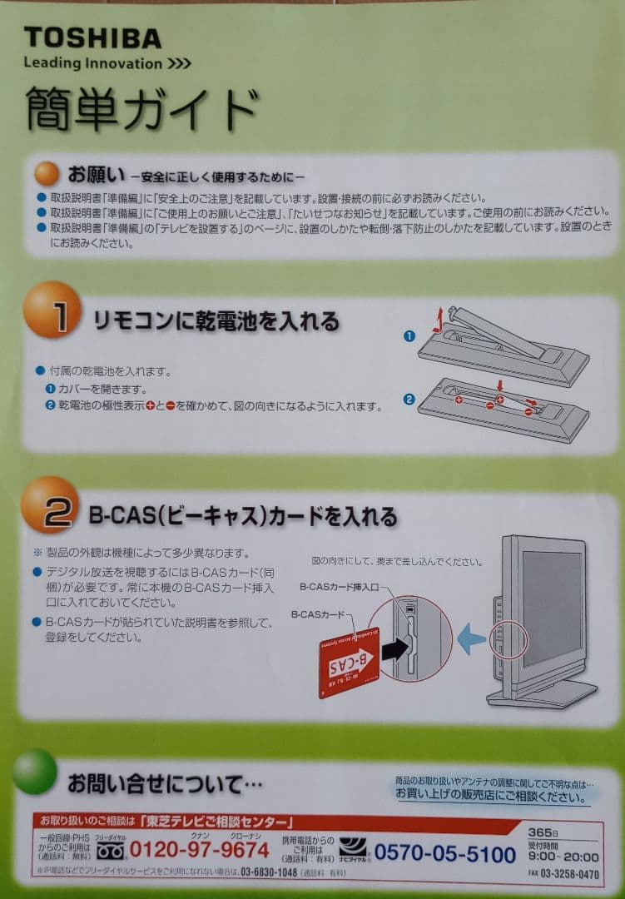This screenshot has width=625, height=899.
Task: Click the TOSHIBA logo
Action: [92, 37]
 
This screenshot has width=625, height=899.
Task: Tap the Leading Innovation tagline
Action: [107, 63]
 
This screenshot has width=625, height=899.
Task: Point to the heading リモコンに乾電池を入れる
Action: [216, 320]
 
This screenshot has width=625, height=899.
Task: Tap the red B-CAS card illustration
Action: [349, 661]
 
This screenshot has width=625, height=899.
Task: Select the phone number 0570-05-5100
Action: [444, 853]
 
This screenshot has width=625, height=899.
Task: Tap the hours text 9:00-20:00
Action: [563, 857]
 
